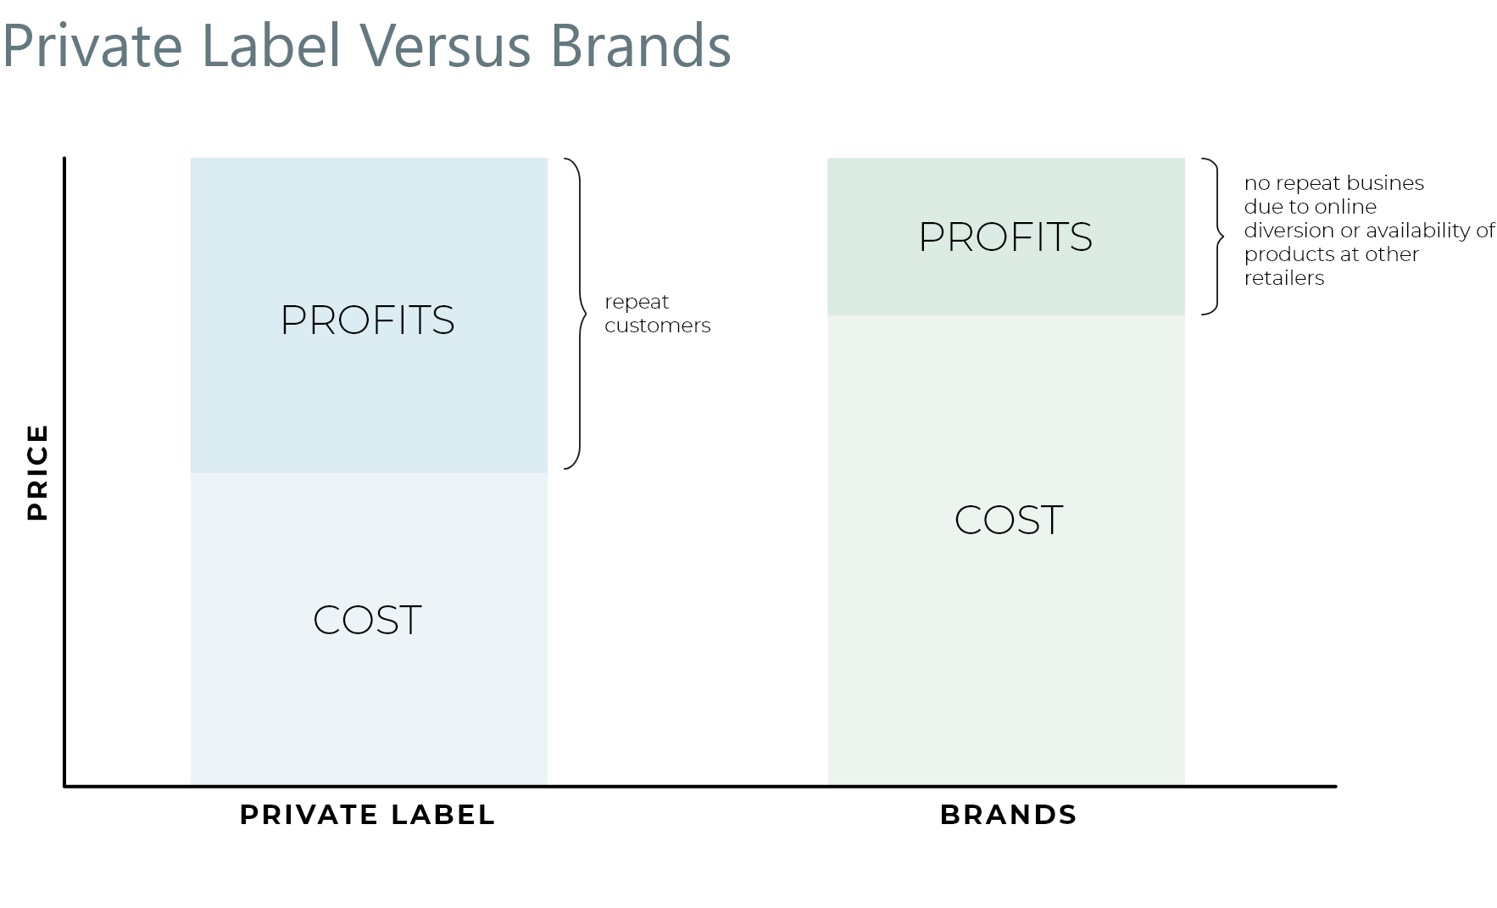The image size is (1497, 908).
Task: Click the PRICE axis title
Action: pos(37,472)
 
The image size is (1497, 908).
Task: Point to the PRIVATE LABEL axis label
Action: pos(367,815)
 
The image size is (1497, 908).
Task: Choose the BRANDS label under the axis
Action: pos(1008,815)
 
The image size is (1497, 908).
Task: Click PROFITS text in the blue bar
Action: pos(367,320)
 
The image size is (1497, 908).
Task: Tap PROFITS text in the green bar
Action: pos(1005,237)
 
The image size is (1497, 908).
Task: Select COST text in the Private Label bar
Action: pos(367,620)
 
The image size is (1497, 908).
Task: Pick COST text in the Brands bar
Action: pos(1008,520)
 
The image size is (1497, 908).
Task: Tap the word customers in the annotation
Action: pos(657,326)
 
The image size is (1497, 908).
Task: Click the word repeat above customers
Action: pos(637,303)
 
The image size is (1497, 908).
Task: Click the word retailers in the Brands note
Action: pos(1283,278)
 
